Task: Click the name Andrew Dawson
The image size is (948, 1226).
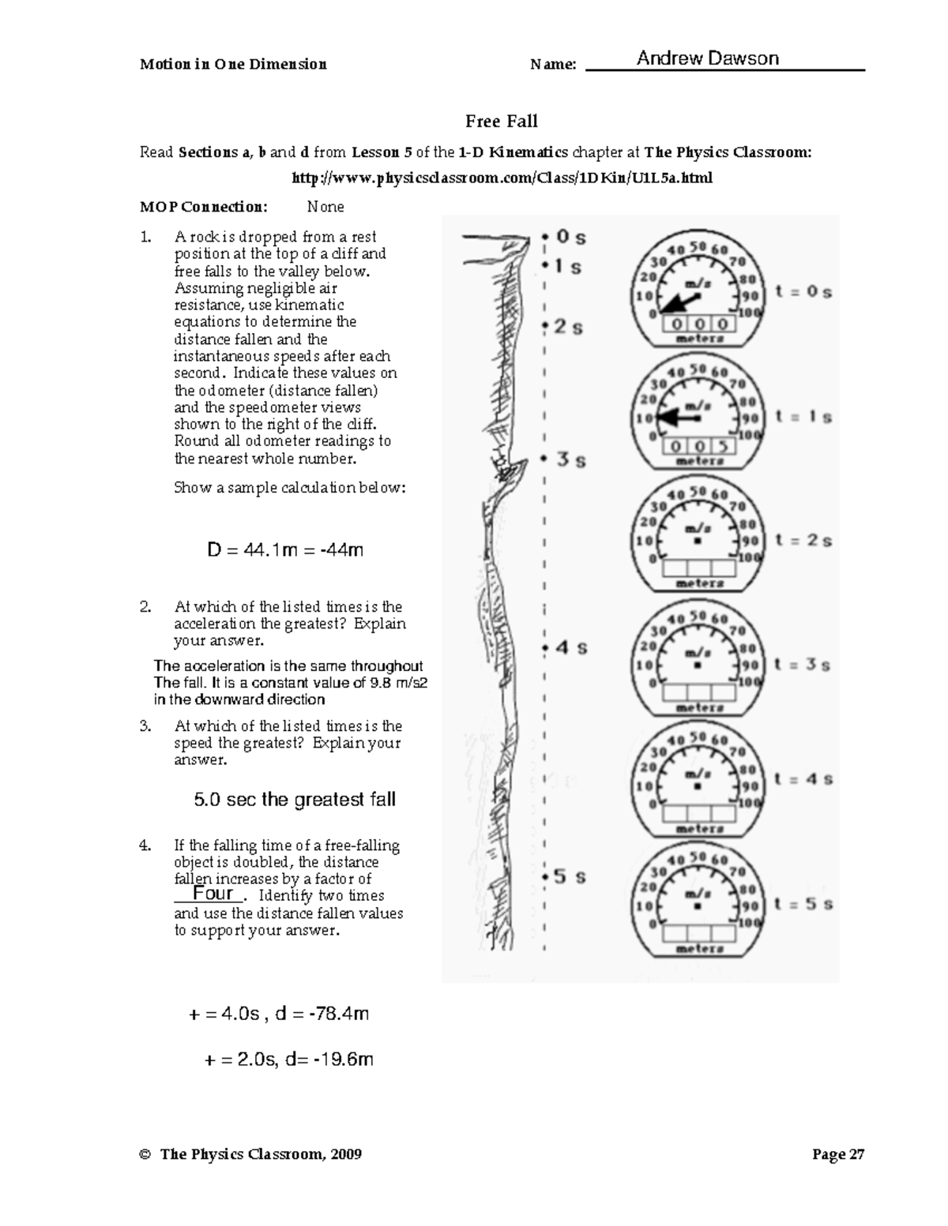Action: coord(707,58)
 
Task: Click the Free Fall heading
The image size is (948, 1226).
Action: coord(501,121)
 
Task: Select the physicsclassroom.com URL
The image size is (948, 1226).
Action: coord(502,178)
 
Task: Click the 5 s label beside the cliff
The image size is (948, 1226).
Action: coord(569,876)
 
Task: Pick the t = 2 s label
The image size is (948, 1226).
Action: coord(803,541)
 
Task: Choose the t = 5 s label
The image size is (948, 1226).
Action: coord(803,904)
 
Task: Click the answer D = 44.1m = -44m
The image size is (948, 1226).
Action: coord(285,549)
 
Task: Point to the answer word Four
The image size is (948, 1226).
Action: coord(213,893)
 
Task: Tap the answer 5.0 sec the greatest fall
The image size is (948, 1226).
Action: coord(295,800)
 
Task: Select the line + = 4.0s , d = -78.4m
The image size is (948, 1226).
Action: coord(280,1014)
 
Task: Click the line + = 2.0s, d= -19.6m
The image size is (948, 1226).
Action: coord(288,1059)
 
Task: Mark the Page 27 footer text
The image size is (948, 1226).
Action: coord(838,1154)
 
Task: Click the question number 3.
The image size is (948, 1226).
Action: coord(145,725)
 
